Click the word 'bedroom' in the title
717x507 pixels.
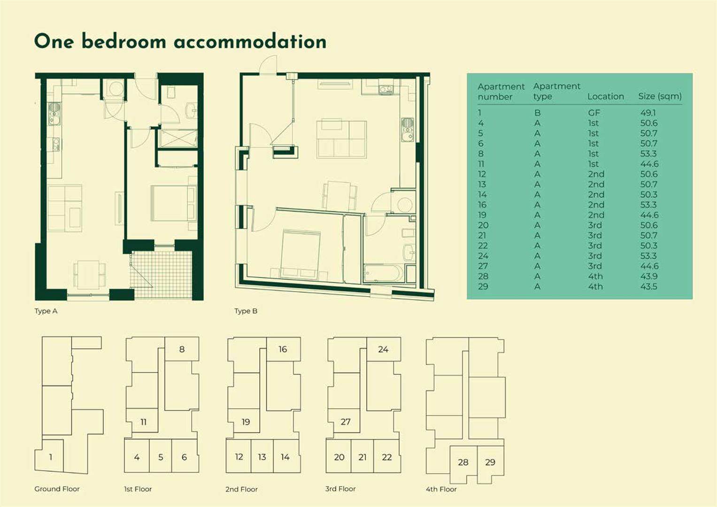point(124,41)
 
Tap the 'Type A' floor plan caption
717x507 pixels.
point(46,311)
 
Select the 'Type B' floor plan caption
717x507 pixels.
point(246,311)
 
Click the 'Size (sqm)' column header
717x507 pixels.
point(660,96)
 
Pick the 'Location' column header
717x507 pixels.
point(605,96)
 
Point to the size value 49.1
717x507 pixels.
point(648,113)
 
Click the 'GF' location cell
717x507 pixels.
point(594,113)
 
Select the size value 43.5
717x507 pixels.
point(648,286)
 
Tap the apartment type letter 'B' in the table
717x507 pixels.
point(537,113)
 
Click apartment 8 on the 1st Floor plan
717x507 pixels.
point(182,349)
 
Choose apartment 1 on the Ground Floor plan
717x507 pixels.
point(51,457)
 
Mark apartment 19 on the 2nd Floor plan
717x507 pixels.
point(246,422)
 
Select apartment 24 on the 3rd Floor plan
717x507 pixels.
point(383,349)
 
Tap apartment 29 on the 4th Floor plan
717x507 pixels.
point(490,462)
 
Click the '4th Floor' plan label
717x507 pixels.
point(441,489)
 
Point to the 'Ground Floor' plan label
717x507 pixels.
point(57,489)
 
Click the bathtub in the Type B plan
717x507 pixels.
point(383,274)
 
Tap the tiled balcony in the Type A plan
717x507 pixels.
point(161,276)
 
